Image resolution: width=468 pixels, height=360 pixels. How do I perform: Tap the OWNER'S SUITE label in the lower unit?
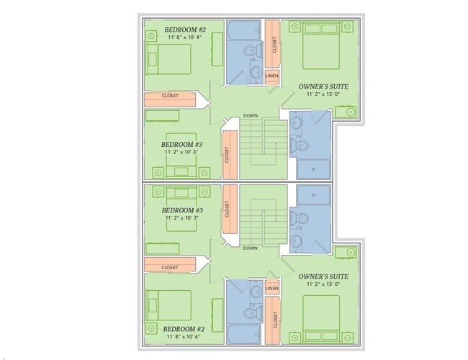(323, 276)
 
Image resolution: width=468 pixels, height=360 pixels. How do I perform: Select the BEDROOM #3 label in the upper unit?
(181, 145)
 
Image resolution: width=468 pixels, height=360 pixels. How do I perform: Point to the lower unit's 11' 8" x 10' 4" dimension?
(184, 337)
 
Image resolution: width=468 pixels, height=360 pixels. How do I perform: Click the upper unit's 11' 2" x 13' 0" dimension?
(323, 94)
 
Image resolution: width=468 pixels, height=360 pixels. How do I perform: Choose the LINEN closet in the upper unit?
(272, 76)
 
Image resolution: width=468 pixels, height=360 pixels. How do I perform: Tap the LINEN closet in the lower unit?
(272, 288)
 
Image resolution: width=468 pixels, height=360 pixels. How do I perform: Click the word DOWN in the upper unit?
(251, 115)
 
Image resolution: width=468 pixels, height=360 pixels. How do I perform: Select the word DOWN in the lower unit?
(250, 248)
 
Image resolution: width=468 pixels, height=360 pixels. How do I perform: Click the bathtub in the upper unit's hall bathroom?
(244, 30)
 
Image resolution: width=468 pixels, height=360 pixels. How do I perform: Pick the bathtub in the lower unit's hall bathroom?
(244, 334)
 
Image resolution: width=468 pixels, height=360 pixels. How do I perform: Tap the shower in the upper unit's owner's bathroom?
(313, 169)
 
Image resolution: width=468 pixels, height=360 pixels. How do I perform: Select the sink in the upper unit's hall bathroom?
(256, 71)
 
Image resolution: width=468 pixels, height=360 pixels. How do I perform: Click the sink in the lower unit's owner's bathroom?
(295, 240)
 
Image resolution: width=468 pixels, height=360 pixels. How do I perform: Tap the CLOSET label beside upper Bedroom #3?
(227, 155)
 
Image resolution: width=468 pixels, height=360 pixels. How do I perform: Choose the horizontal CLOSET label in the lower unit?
(169, 267)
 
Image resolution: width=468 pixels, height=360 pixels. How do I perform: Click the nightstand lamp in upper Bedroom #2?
(151, 37)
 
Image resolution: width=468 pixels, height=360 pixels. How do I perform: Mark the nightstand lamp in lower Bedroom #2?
(151, 328)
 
